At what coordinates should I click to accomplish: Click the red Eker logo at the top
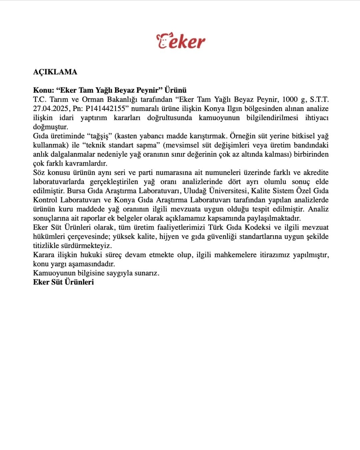(181, 41)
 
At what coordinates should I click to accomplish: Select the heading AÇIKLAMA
(55, 72)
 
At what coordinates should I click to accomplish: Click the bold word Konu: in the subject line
(44, 90)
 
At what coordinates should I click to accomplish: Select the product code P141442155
(107, 109)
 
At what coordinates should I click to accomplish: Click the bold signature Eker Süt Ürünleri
(63, 282)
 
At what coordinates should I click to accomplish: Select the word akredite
(316, 173)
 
